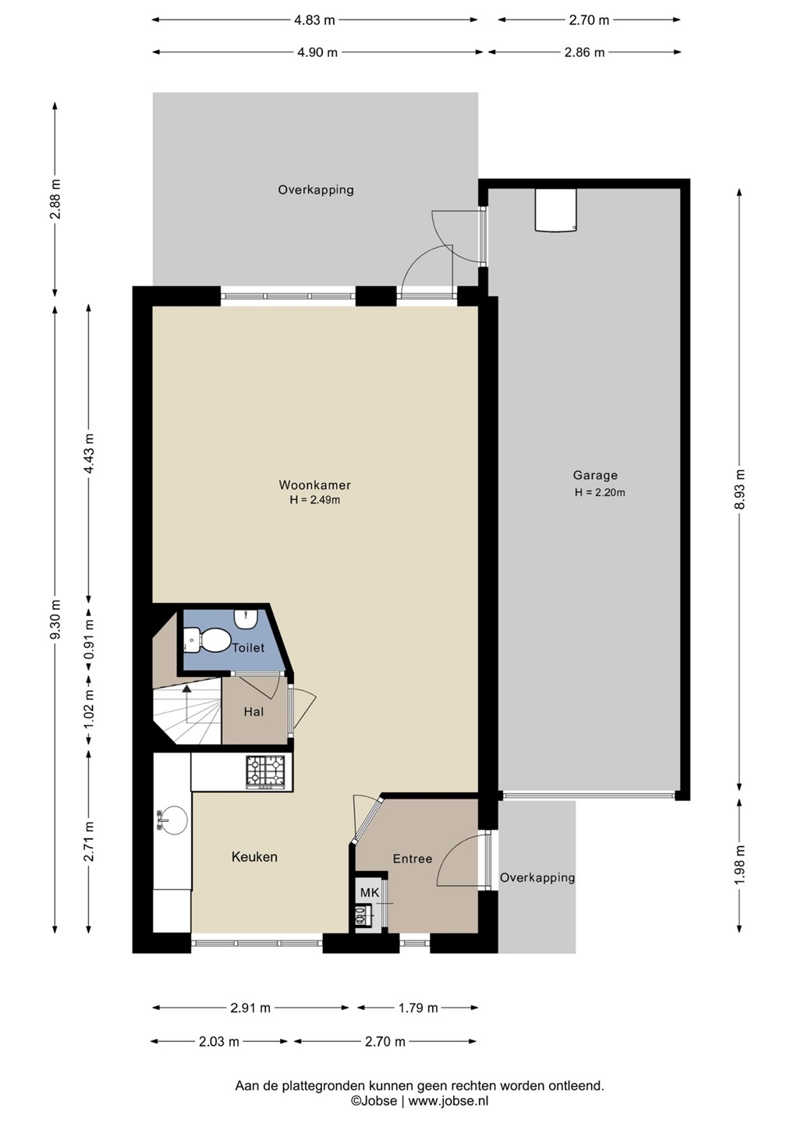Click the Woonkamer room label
314,485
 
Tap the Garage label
595,475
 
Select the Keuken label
254,857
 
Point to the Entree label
412,859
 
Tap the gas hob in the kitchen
264,774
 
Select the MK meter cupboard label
370,893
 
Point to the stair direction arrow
186,704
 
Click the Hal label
253,711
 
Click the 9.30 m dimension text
56,620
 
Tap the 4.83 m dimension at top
314,20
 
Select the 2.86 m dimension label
584,52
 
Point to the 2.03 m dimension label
218,1042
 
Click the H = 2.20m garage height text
600,492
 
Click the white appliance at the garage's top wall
555,210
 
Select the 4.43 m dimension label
90,453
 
